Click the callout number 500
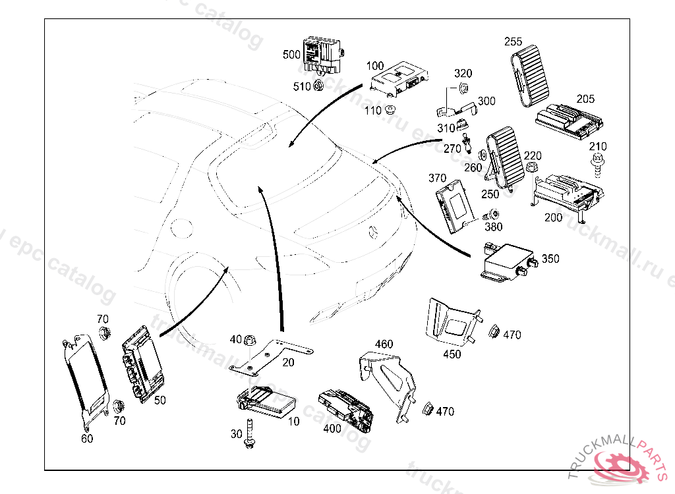[x=291, y=55]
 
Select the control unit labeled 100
[x=398, y=78]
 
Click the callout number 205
[x=585, y=99]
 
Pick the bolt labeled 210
[x=598, y=161]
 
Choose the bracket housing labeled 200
[x=566, y=194]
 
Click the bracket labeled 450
[x=454, y=322]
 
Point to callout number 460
[x=384, y=344]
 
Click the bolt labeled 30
[x=250, y=435]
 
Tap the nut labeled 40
[x=250, y=340]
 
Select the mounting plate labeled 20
[x=270, y=356]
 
